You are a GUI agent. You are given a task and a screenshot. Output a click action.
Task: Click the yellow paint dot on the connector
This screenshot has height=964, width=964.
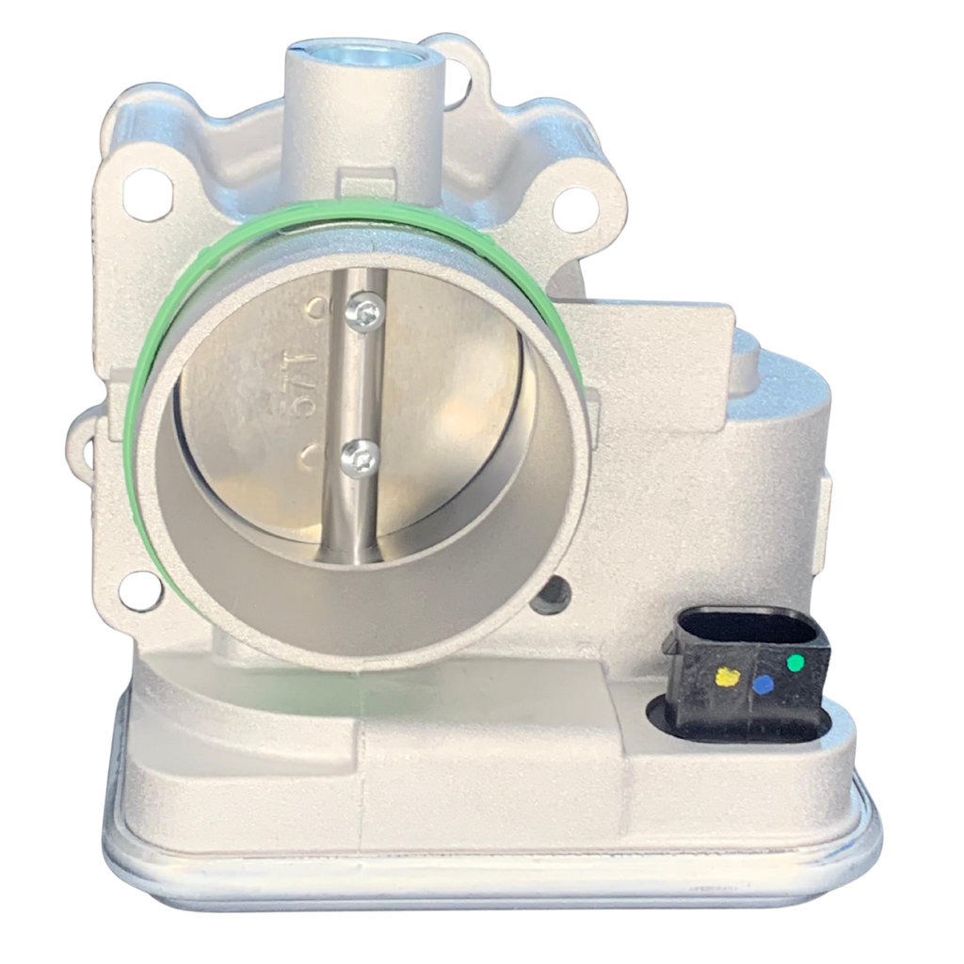727,675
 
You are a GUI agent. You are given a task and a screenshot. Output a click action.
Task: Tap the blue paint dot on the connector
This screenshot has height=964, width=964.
763,684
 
